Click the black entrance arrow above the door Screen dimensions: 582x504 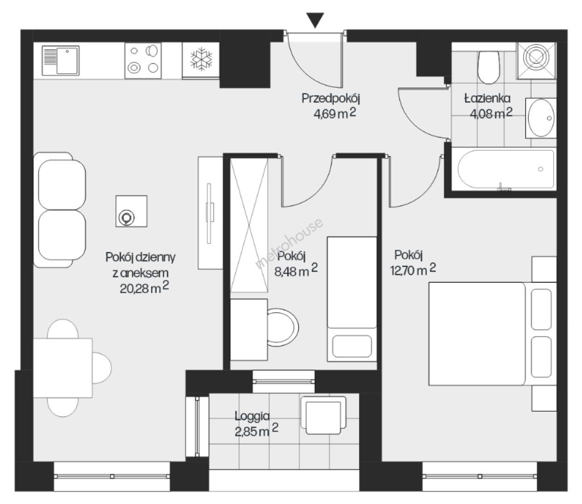click(315, 20)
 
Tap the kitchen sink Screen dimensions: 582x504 click(61, 61)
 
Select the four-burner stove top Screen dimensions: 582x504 click(143, 61)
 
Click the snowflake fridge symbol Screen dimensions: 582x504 click(201, 59)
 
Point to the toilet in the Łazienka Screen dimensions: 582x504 click(489, 68)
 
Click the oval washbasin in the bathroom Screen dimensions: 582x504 click(541, 118)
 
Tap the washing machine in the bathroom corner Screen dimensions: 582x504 click(536, 61)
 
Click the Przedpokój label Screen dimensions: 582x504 click(331, 98)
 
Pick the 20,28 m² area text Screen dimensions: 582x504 click(145, 288)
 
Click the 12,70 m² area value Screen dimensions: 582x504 click(413, 270)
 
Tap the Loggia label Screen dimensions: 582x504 click(252, 416)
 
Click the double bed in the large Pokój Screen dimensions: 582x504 click(492, 334)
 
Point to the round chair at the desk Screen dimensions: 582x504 click(283, 327)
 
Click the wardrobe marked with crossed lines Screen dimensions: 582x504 click(249, 225)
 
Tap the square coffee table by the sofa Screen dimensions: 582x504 click(131, 211)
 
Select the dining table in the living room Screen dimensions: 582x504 click(62, 368)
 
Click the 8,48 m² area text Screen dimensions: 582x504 click(296, 271)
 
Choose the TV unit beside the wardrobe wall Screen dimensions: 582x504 click(210, 213)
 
